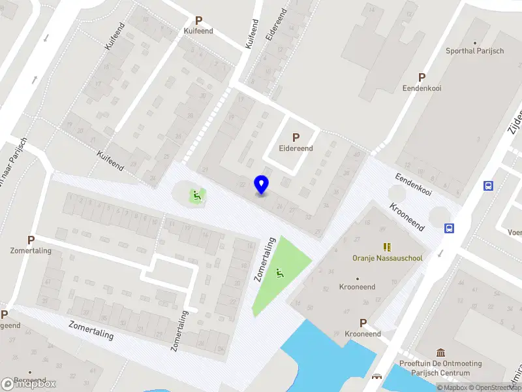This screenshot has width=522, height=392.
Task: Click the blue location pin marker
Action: point(262,185)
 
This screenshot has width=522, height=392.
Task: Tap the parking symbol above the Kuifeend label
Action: point(198,20)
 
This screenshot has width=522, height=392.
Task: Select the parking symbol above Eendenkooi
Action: point(422,76)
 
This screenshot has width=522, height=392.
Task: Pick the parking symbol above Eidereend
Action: point(296,138)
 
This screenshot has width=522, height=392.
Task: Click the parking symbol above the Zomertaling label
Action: point(31,240)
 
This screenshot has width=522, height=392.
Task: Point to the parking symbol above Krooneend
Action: point(363,323)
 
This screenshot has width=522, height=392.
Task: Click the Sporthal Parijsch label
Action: point(474,51)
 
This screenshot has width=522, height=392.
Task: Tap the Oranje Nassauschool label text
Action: point(387,258)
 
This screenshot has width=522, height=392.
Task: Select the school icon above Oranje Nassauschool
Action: point(387,247)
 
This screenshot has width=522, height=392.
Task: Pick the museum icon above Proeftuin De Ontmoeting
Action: point(440,353)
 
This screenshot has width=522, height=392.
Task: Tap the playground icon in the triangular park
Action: point(281,273)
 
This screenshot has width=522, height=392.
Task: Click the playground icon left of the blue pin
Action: point(195,194)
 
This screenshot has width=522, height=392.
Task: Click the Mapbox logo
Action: point(29,384)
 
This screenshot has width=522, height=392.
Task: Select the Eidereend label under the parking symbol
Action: point(296,148)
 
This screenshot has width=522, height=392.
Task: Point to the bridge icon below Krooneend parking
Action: point(376,377)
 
